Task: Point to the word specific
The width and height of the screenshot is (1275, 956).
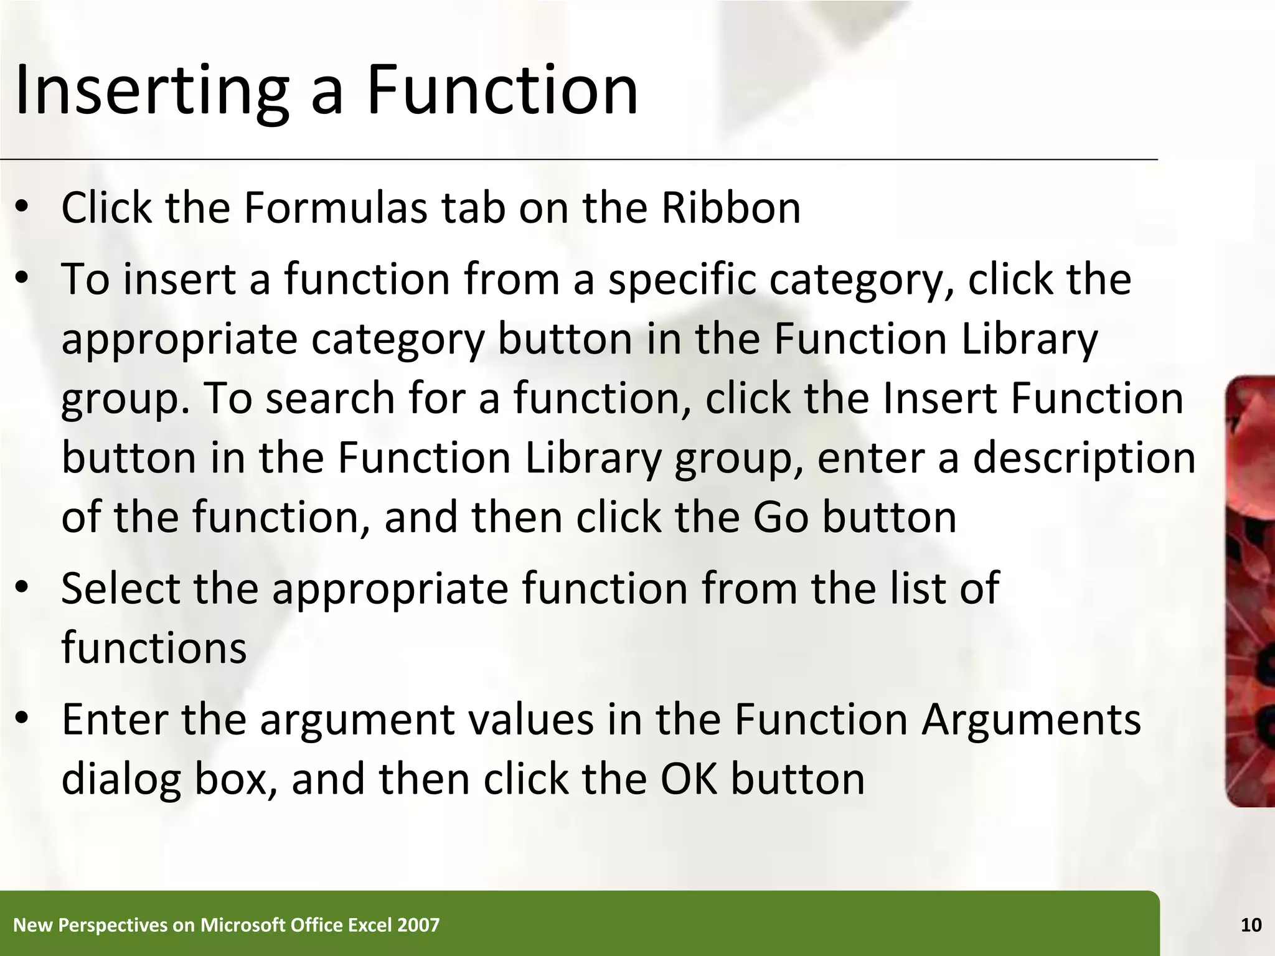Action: click(682, 280)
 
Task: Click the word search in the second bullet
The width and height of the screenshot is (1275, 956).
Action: click(330, 398)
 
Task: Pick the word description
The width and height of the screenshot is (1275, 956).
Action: click(1084, 458)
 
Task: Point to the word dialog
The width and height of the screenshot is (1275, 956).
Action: click(121, 780)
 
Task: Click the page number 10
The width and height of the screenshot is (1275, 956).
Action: click(1251, 926)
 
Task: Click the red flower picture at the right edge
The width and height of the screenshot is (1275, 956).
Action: click(1250, 591)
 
